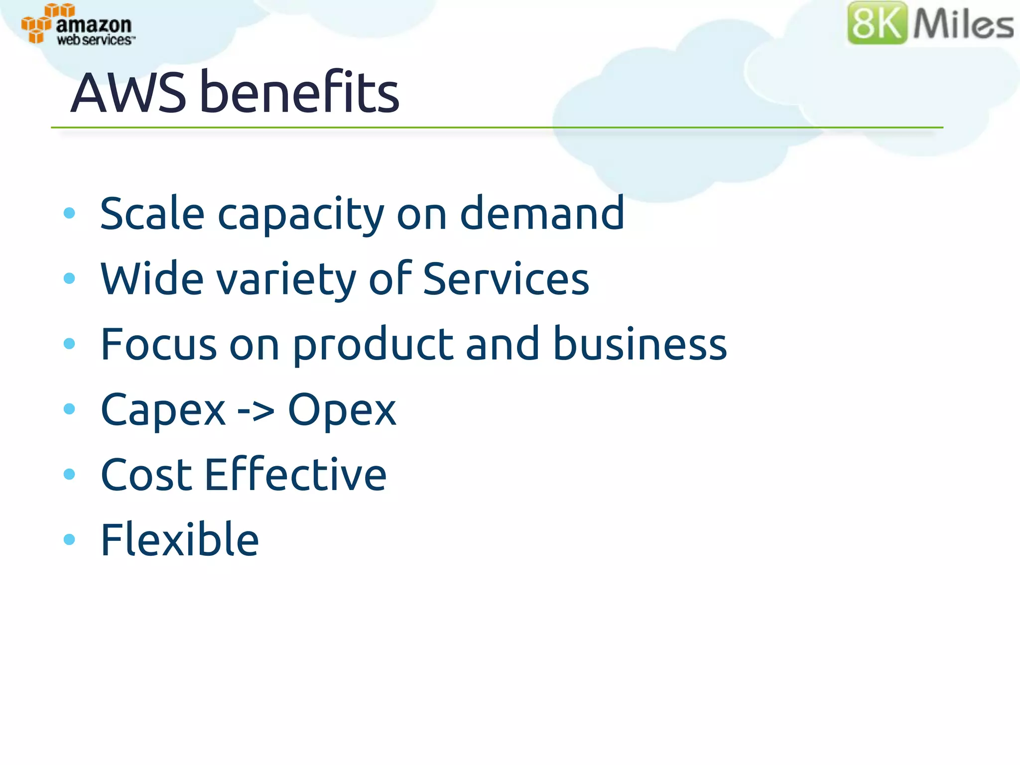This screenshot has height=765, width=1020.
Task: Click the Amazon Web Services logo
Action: [x=78, y=25]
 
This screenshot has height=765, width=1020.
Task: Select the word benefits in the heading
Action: [x=299, y=92]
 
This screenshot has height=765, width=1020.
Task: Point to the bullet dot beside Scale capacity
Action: [x=69, y=214]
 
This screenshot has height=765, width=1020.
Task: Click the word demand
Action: [x=541, y=213]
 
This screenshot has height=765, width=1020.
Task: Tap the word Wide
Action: [x=152, y=278]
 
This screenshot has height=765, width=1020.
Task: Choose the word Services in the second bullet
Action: [x=506, y=278]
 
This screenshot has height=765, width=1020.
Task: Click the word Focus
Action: [x=159, y=344]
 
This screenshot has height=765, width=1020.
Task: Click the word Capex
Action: [x=163, y=410]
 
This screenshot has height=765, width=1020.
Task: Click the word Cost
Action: [x=146, y=475]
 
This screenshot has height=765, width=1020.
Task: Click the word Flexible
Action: [x=180, y=539]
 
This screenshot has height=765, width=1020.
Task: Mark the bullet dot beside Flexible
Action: [x=69, y=539]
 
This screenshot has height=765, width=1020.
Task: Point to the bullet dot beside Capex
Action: [x=69, y=409]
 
